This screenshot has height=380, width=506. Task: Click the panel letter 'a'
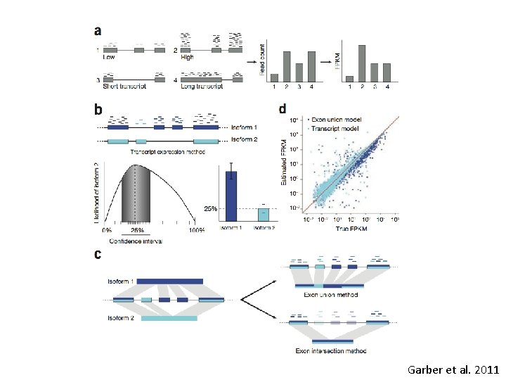point(98,32)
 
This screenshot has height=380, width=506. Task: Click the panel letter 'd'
point(283,109)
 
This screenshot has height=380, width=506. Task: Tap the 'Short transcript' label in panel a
point(119,87)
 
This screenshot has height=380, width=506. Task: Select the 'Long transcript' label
point(202,87)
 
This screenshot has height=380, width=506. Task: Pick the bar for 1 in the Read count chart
point(275,78)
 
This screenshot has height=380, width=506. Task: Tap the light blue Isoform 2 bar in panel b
point(263,214)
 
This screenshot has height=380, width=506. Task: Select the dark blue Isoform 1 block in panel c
point(169,281)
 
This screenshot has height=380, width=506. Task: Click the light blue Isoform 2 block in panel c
point(169,318)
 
